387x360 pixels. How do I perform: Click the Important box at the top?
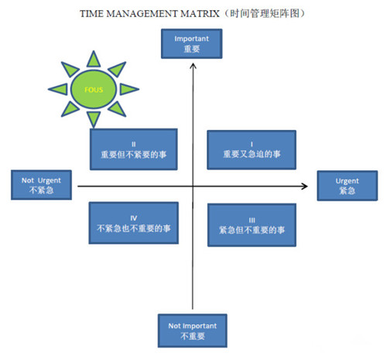coord(191,43)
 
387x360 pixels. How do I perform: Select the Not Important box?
coord(193,331)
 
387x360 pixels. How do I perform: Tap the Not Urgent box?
coord(41,185)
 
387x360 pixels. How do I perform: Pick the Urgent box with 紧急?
coord(348,186)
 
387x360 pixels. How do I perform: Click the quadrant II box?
coord(134,149)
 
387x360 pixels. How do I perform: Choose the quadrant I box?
coord(252,150)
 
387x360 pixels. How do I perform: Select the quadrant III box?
coord(252,225)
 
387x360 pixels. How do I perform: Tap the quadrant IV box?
coord(134,223)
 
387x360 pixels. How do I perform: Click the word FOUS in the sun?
coord(94,90)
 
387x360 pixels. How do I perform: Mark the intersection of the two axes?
coord(193,186)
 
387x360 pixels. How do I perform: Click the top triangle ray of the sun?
coord(94,60)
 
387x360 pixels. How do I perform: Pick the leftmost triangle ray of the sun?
coord(59,89)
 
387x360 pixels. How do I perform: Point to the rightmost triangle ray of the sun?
coord(128,89)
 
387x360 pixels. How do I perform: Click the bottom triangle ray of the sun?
coord(94,119)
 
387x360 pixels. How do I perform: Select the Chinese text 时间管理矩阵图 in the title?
coord(265,13)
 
